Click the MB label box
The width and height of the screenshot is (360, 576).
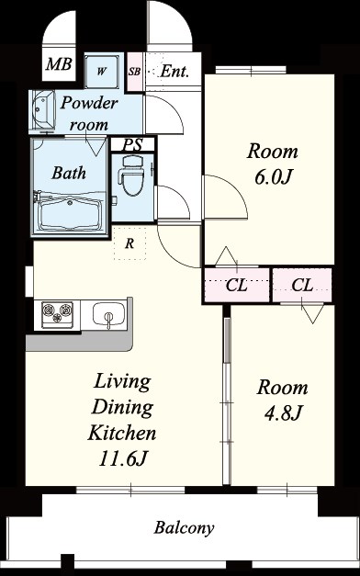(x=59, y=64)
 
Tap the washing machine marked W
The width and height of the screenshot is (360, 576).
(x=102, y=72)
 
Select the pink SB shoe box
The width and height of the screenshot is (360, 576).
(x=134, y=72)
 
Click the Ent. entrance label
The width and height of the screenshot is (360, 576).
(x=174, y=71)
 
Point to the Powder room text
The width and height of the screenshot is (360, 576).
(x=89, y=114)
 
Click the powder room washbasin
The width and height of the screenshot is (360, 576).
(x=41, y=109)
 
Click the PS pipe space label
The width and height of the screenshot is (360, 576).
(x=132, y=145)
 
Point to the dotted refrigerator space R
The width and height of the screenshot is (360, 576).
(x=129, y=243)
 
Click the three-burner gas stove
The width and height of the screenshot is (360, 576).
(x=57, y=314)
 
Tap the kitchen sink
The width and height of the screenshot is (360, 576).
(x=108, y=314)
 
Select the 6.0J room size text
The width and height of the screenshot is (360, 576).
(x=272, y=177)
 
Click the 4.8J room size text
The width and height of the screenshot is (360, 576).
(x=283, y=412)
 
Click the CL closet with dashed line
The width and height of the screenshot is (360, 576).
(x=237, y=285)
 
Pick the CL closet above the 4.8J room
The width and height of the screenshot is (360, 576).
(x=302, y=285)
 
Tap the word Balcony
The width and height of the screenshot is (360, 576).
(x=184, y=528)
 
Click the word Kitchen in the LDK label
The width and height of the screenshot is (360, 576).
(x=122, y=433)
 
